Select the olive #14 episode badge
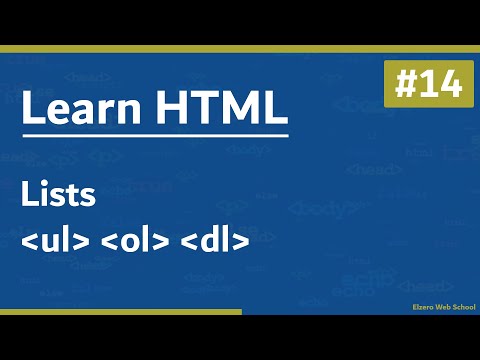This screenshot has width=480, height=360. (423, 86)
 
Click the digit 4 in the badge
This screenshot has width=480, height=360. (446, 86)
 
